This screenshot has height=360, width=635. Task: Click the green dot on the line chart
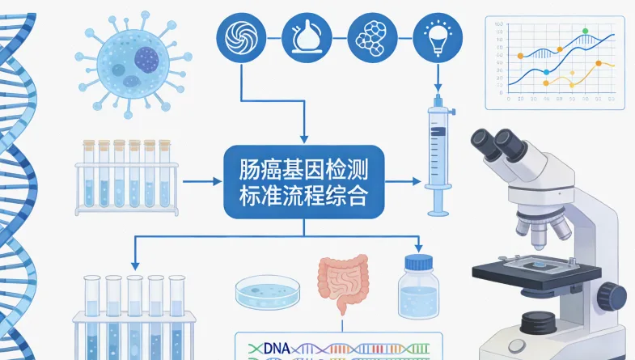pos(585,31)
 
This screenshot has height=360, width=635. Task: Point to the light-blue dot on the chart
pos(546,73)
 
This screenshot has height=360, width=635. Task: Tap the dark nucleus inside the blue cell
pos(146,58)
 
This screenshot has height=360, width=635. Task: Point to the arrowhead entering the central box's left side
pos(218,182)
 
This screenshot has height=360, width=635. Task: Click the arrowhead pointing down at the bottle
pos(418,248)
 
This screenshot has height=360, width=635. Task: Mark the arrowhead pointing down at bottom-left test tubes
pos(133,266)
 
